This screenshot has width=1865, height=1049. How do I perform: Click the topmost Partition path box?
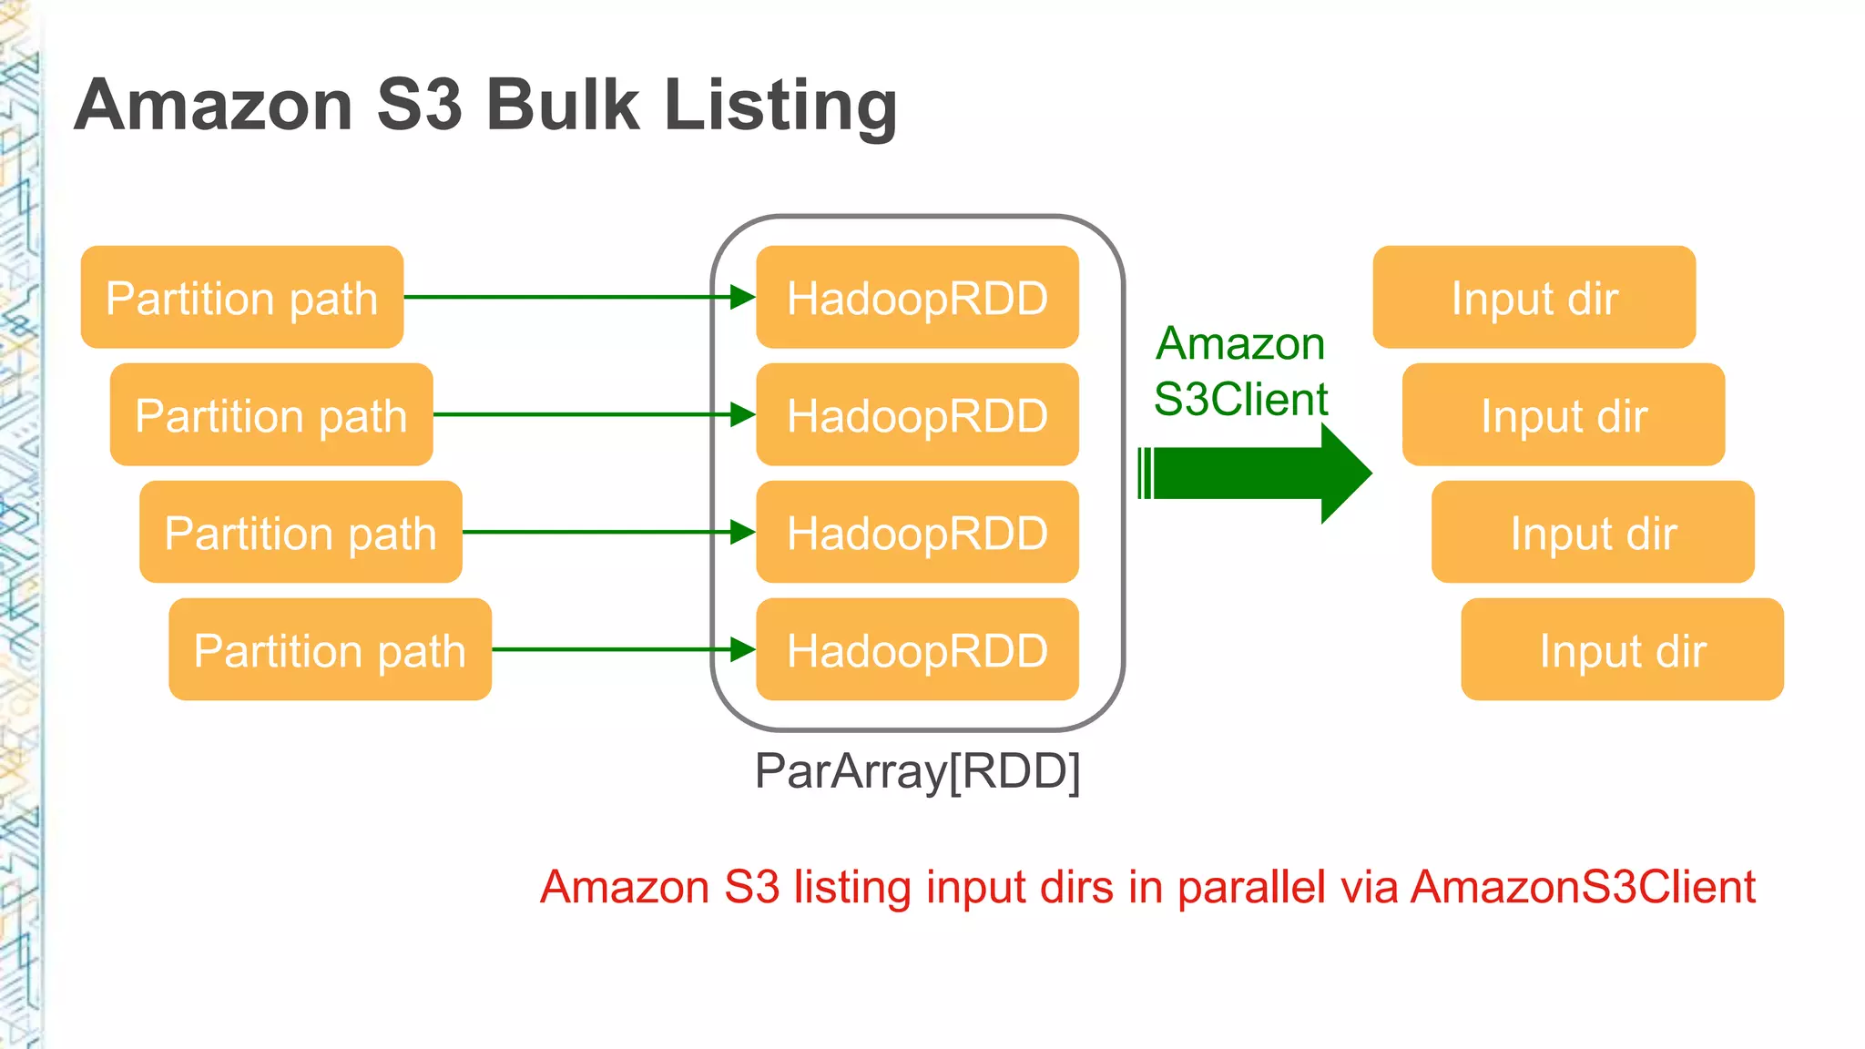(241, 297)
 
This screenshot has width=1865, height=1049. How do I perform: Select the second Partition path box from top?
(270, 414)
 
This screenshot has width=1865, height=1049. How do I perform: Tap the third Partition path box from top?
(301, 532)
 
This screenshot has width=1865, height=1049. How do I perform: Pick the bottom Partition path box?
(330, 649)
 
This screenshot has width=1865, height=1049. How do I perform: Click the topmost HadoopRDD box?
(917, 297)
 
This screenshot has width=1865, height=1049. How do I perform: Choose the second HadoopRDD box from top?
(917, 414)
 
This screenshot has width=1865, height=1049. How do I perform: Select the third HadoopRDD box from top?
(917, 532)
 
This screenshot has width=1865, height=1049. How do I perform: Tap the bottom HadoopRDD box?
(917, 649)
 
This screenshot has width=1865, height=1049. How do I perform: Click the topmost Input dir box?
(1534, 297)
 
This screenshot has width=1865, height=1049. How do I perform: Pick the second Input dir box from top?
(1563, 414)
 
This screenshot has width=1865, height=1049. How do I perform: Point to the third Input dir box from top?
(1593, 532)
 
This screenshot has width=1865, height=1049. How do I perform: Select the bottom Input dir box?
(1622, 649)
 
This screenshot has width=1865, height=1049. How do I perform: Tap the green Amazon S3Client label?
(1240, 372)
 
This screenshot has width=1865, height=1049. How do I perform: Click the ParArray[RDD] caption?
(917, 771)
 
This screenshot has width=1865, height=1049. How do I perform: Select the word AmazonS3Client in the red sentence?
(1583, 887)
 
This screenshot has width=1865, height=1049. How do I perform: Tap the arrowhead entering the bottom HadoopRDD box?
(743, 649)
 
